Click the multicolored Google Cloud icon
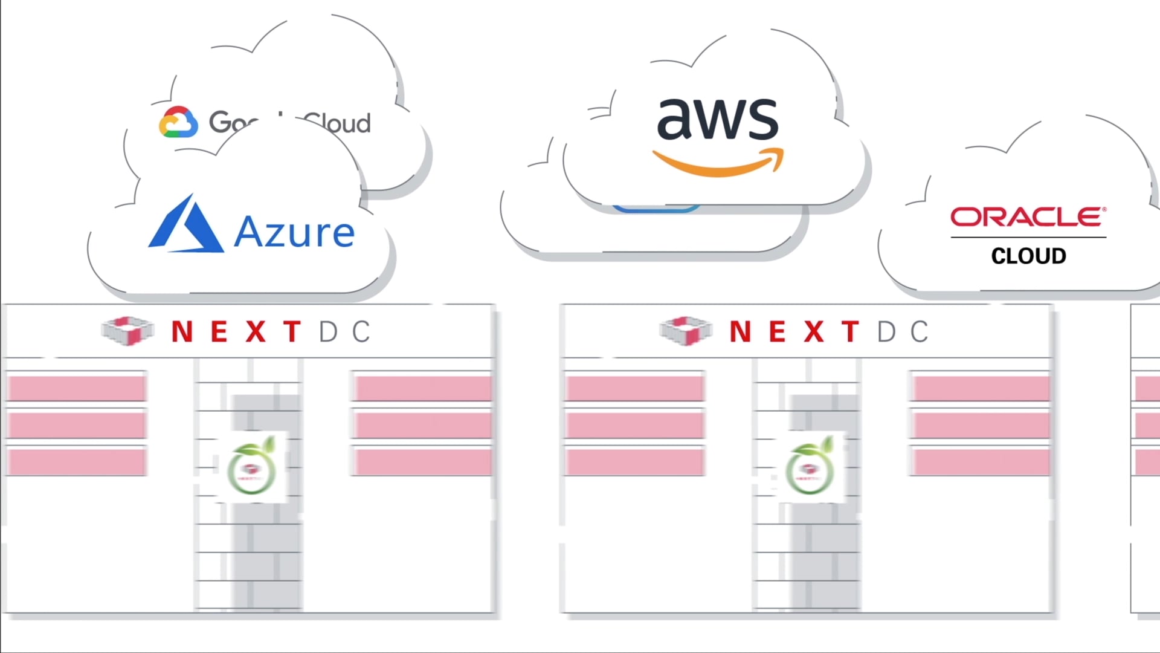click(178, 123)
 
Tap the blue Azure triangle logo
click(185, 226)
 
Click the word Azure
click(294, 232)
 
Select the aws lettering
click(718, 118)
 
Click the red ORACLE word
click(1028, 217)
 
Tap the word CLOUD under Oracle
click(1028, 256)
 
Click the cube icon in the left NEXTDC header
click(127, 331)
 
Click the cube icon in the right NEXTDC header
click(686, 331)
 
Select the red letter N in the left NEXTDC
click(182, 332)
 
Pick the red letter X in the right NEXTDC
click(814, 332)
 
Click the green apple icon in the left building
click(252, 468)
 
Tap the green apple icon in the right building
click(810, 468)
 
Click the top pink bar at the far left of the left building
click(77, 388)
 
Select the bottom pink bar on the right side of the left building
click(423, 463)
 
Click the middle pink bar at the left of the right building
click(635, 425)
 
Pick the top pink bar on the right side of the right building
click(981, 388)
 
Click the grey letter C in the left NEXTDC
click(361, 332)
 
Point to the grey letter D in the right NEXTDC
click(886, 332)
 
